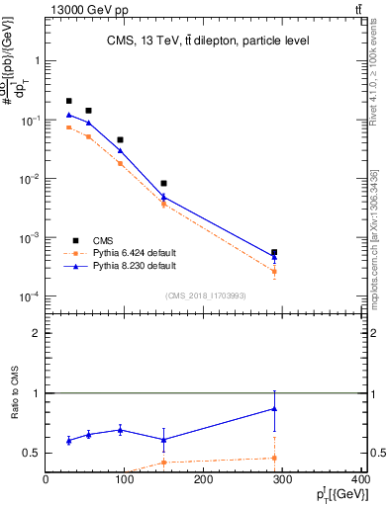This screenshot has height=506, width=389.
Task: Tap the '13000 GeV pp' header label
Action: (x=87, y=9)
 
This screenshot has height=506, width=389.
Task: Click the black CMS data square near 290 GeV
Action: (x=274, y=252)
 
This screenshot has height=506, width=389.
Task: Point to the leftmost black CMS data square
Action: (x=68, y=101)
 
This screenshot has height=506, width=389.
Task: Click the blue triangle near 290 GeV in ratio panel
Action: (x=274, y=408)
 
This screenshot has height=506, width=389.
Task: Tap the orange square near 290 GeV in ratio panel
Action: (x=274, y=458)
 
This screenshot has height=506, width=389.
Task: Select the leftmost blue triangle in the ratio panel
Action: (x=68, y=441)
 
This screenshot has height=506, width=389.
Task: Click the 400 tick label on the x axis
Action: (x=360, y=479)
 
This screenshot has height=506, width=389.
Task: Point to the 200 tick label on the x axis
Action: (x=203, y=479)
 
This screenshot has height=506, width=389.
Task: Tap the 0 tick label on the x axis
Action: (x=46, y=479)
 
